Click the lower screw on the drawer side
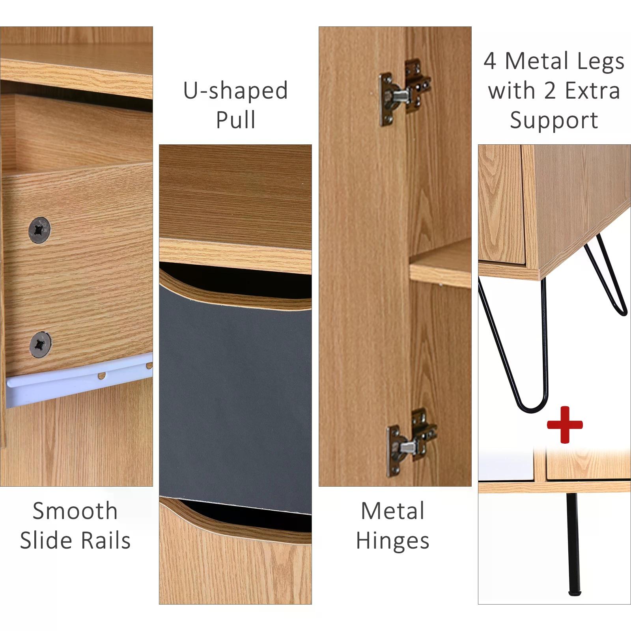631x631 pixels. click(x=40, y=344)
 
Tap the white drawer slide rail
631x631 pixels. click(x=79, y=379)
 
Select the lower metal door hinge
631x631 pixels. click(x=411, y=442)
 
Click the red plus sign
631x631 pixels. click(x=564, y=425)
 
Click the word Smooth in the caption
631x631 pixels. click(x=75, y=511)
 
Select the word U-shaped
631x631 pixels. click(x=236, y=91)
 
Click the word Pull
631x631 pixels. click(x=236, y=120)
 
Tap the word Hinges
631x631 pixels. click(x=393, y=541)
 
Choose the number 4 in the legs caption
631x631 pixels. click(x=490, y=62)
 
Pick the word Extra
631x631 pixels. click(x=593, y=91)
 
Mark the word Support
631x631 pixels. click(x=554, y=121)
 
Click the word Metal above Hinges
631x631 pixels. click(x=393, y=511)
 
